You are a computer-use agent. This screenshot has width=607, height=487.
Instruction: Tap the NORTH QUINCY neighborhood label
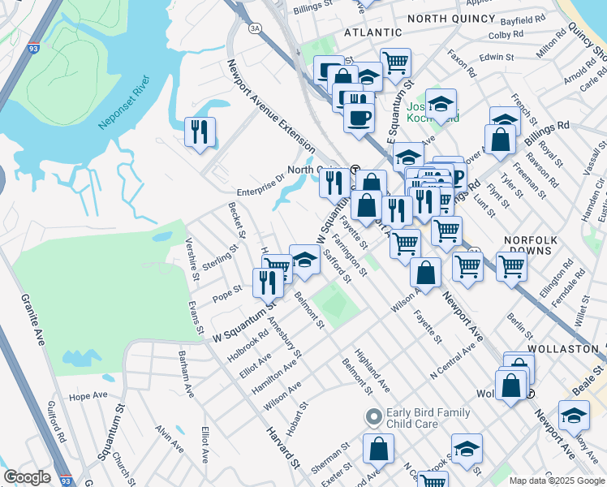[450, 17]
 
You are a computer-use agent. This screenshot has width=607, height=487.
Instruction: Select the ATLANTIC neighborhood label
[372, 32]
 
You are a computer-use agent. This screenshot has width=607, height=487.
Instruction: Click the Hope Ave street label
[88, 396]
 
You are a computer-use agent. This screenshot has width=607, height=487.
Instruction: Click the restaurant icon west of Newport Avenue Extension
[200, 131]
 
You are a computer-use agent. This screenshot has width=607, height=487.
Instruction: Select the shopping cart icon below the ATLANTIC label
[395, 62]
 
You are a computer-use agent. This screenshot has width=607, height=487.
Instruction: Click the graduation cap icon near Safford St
[304, 260]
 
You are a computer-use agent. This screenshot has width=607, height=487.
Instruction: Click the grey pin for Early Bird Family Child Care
[373, 418]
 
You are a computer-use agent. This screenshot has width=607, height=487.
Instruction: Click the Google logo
[27, 477]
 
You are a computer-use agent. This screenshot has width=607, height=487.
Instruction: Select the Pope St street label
[227, 289]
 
